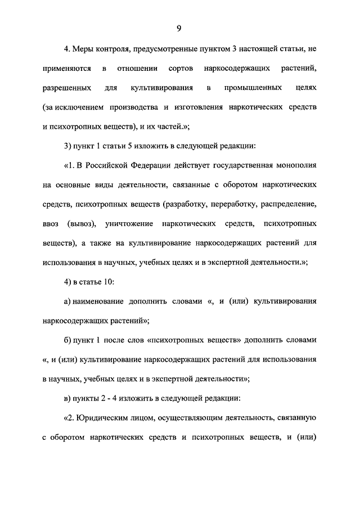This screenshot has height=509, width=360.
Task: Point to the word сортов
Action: point(182,69)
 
